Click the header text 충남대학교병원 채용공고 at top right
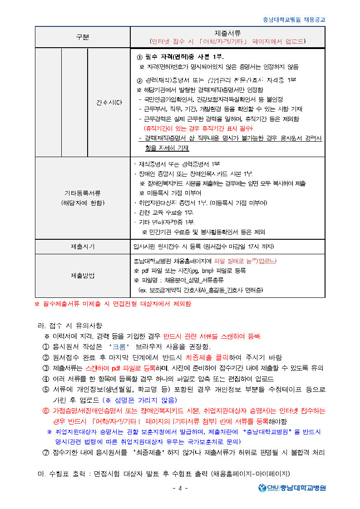click(x=294, y=20)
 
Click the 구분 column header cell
click(x=83, y=37)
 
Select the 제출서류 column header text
click(x=227, y=33)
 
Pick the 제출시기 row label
click(x=83, y=247)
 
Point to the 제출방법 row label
click(x=83, y=276)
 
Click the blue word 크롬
click(x=119, y=347)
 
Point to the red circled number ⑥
click(x=45, y=411)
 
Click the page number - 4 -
click(x=180, y=488)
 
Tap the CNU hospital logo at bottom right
click(x=292, y=488)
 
